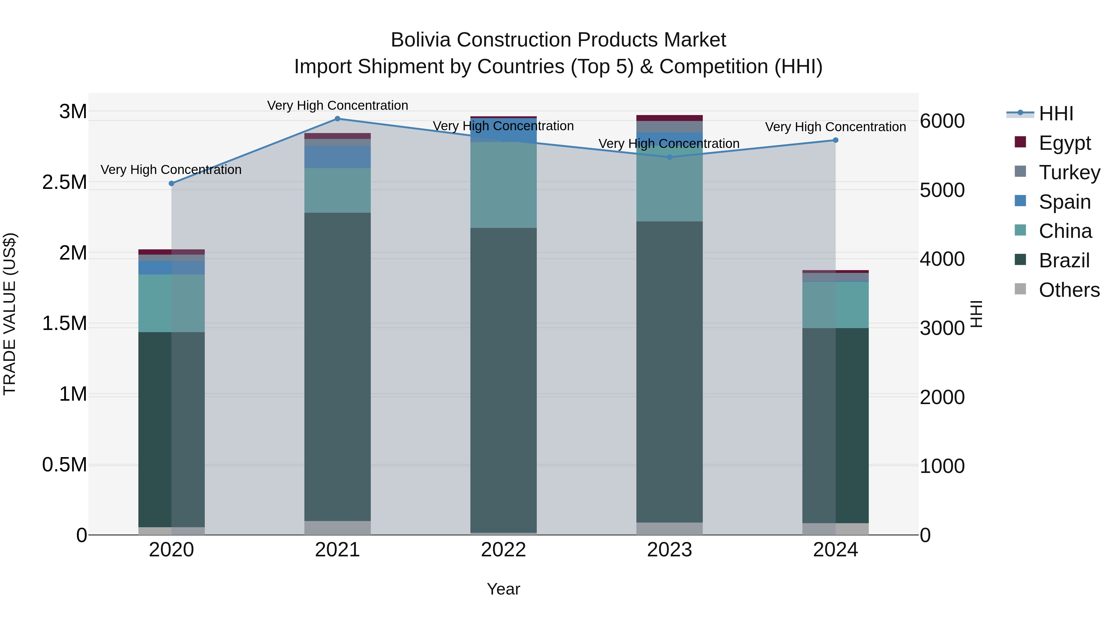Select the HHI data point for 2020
click(x=171, y=183)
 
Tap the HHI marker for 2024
click(x=836, y=140)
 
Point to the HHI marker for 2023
click(x=670, y=157)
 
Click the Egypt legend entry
click(x=1064, y=143)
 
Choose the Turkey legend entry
click(x=1069, y=172)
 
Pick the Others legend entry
click(x=1069, y=290)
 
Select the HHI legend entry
click(x=1056, y=113)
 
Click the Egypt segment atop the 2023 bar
click(x=670, y=118)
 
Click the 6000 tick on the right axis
click(x=942, y=121)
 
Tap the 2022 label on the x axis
click(x=504, y=550)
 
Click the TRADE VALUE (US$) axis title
click(x=10, y=314)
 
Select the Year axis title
click(x=504, y=589)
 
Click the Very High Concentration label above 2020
click(x=171, y=169)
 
